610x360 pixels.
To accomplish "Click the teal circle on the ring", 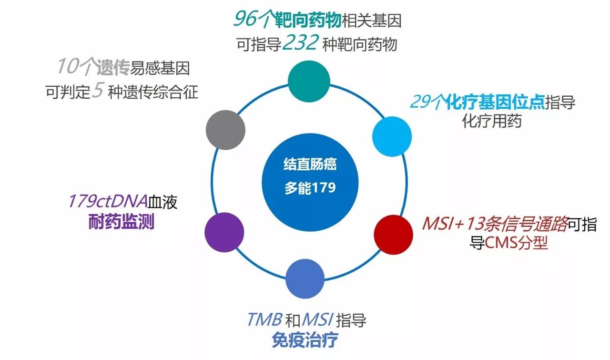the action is click(x=309, y=81).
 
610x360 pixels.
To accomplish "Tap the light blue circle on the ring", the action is click(x=391, y=136).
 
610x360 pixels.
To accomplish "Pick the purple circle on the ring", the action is click(x=224, y=233).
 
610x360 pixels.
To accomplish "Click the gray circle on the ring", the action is click(x=226, y=130).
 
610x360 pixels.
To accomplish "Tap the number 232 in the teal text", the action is click(x=300, y=44).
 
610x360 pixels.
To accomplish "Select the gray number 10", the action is click(x=67, y=67).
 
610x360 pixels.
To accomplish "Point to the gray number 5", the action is click(x=97, y=91).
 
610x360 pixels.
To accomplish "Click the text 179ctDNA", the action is click(x=107, y=202).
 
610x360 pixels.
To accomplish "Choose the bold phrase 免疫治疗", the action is click(x=305, y=340).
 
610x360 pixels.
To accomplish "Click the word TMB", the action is click(x=264, y=319).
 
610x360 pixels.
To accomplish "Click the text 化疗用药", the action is click(x=492, y=121).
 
